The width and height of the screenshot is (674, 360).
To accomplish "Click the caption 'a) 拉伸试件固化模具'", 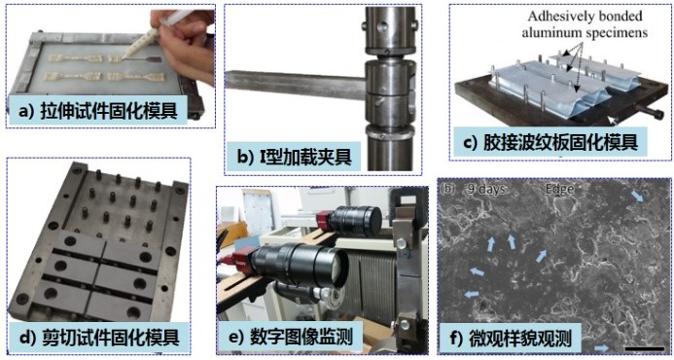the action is click(x=98, y=111).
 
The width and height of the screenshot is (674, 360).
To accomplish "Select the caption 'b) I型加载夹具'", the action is click(x=295, y=157).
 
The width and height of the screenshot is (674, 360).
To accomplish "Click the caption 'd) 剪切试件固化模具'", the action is click(x=99, y=337).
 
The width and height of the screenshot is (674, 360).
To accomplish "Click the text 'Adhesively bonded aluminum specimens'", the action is click(x=585, y=24).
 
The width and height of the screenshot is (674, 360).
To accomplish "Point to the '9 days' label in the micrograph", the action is click(x=486, y=189).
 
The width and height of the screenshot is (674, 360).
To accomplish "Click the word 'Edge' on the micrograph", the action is click(x=559, y=189).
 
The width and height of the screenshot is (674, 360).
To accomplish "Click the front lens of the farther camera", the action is click(x=372, y=222).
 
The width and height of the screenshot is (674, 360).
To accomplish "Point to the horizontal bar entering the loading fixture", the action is click(x=296, y=85).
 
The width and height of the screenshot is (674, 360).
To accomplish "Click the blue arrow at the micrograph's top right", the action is click(x=637, y=197).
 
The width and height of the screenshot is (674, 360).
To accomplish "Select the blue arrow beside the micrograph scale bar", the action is click(x=602, y=348).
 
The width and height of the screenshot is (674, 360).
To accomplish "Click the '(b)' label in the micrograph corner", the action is click(x=447, y=189).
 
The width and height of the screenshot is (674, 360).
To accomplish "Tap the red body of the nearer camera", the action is click(x=242, y=260).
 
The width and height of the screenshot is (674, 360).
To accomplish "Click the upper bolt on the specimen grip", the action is click(x=401, y=244).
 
